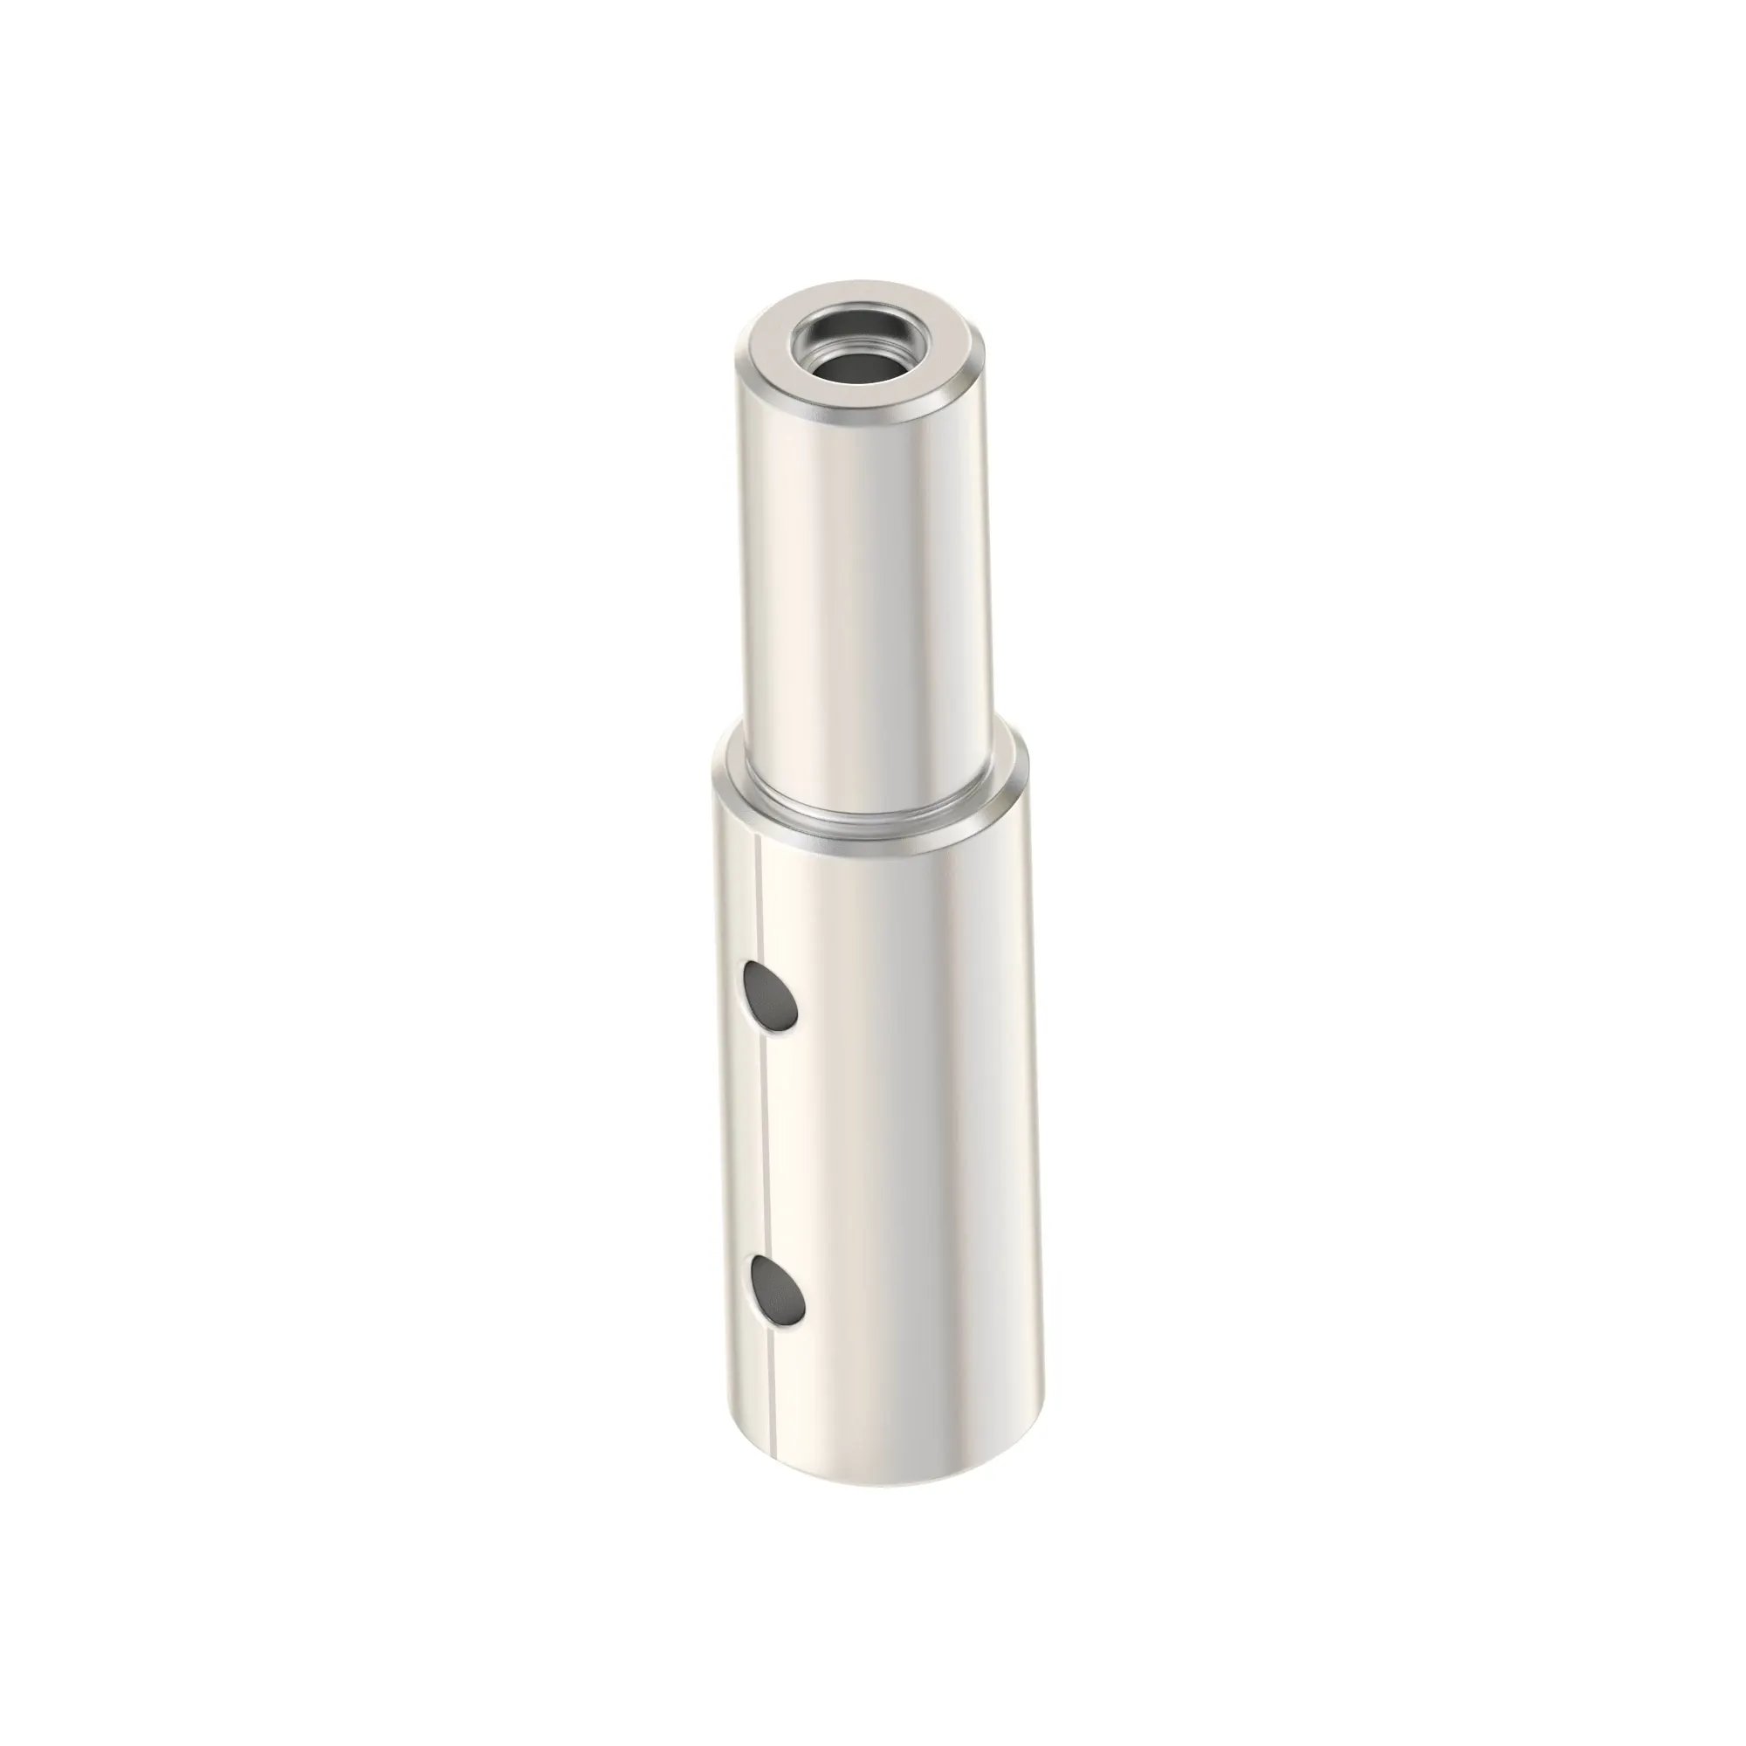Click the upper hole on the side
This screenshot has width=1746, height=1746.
[x=770, y=997]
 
